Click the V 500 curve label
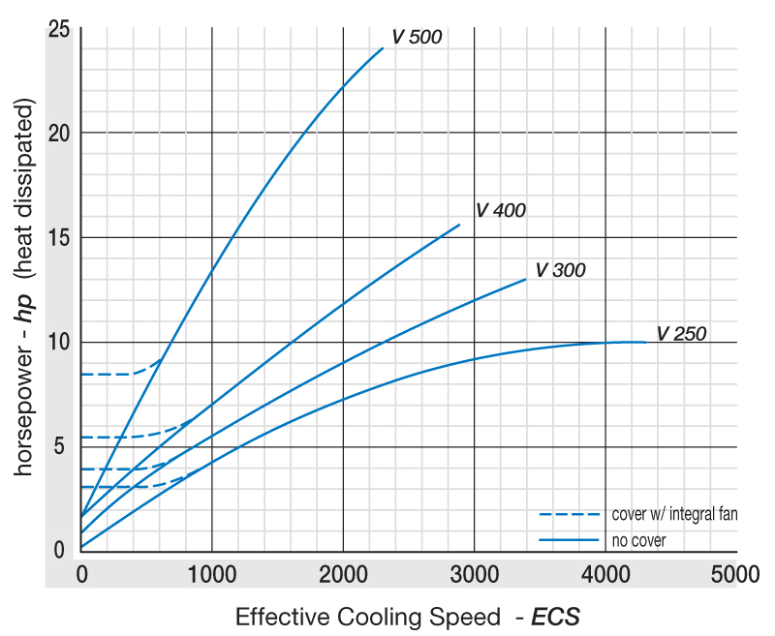pyautogui.click(x=417, y=38)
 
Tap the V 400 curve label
pyautogui.click(x=500, y=211)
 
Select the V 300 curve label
pyautogui.click(x=560, y=270)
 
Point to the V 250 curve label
pyautogui.click(x=681, y=334)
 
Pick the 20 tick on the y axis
pyautogui.click(x=59, y=134)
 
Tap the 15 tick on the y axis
pyautogui.click(x=59, y=238)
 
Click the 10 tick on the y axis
pyautogui.click(x=59, y=342)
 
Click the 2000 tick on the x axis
pyautogui.click(x=343, y=574)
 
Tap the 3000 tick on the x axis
pyautogui.click(x=475, y=574)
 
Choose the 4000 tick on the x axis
pyautogui.click(x=605, y=574)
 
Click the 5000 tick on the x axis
pyautogui.click(x=736, y=574)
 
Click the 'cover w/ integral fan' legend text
pyautogui.click(x=675, y=514)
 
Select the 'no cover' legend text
pyautogui.click(x=638, y=540)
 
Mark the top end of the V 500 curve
pyautogui.click(x=383, y=46)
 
